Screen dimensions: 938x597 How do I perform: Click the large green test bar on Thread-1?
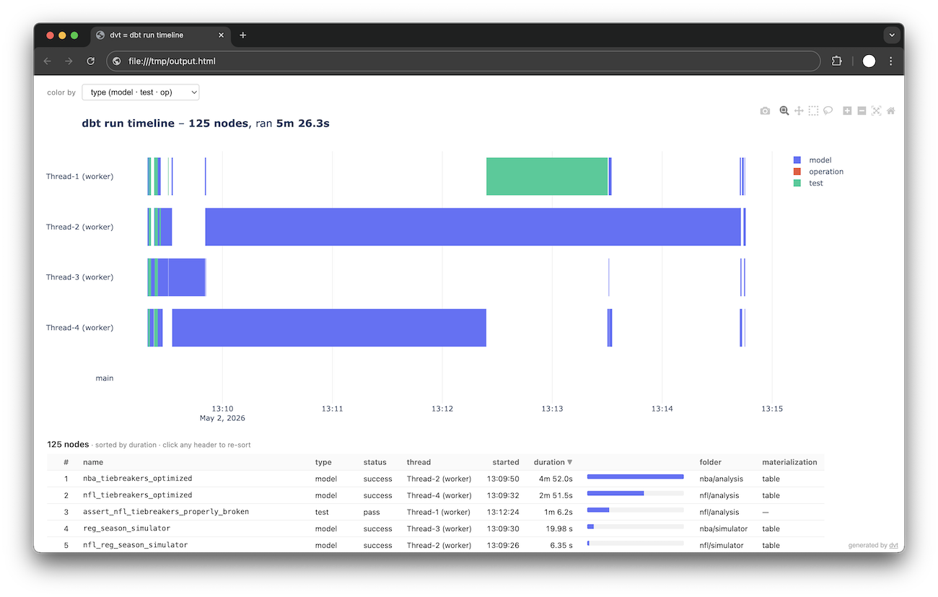[546, 176]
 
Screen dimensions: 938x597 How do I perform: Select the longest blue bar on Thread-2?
[473, 227]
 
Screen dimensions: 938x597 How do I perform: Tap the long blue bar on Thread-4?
[329, 328]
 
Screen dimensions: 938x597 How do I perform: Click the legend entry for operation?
[818, 171]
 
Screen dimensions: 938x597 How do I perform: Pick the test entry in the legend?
[808, 183]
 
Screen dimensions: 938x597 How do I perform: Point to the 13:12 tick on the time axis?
[442, 409]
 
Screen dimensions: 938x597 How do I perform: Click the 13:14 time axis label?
[662, 409]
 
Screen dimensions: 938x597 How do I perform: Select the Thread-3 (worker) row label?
[79, 277]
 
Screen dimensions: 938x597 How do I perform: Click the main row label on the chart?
[105, 378]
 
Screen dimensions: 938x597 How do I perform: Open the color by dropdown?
[141, 92]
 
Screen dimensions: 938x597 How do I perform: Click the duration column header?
[553, 462]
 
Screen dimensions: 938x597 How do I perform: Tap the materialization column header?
[789, 462]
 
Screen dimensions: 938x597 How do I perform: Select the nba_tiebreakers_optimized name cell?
[137, 478]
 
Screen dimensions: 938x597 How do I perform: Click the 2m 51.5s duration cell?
[556, 495]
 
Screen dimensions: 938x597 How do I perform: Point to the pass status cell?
[372, 512]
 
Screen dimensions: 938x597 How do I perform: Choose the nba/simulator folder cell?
[723, 528]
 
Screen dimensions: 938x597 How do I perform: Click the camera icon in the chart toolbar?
[765, 110]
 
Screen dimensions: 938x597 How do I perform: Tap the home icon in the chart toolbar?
[890, 110]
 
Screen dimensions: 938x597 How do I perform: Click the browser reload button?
[90, 61]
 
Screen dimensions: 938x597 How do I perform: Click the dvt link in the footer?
[893, 545]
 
